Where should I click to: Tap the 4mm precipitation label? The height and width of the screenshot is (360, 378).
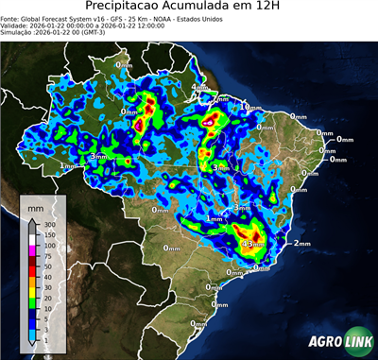click(x=199, y=88)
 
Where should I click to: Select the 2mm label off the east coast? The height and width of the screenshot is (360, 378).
click(x=302, y=244)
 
